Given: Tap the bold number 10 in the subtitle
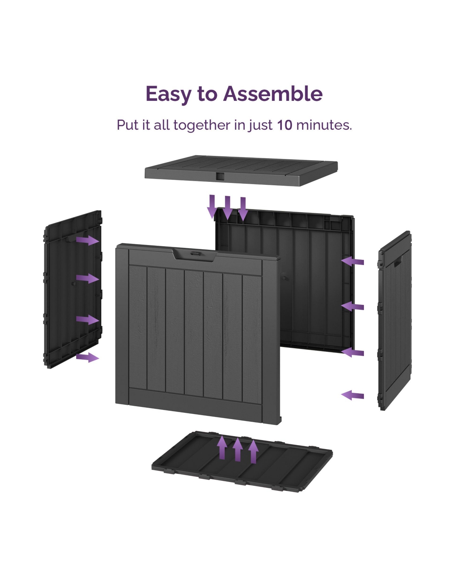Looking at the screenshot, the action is pyautogui.click(x=285, y=125).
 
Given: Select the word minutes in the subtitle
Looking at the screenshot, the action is pyautogui.click(x=324, y=125).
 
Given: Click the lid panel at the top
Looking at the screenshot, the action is pyautogui.click(x=241, y=170).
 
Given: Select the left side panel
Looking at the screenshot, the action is pyautogui.click(x=73, y=289).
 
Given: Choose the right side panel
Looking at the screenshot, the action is pyautogui.click(x=394, y=321).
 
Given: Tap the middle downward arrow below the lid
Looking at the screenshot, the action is pyautogui.click(x=227, y=208).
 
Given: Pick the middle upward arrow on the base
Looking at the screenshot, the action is pyautogui.click(x=238, y=449).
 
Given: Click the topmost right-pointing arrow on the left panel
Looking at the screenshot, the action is pyautogui.click(x=88, y=240).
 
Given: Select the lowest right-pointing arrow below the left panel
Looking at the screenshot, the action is pyautogui.click(x=88, y=358).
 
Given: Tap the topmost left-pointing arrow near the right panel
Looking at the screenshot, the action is pyautogui.click(x=353, y=261).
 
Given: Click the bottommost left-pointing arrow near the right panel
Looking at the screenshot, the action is pyautogui.click(x=353, y=395).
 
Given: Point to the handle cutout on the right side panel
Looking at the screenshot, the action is pyautogui.click(x=397, y=262).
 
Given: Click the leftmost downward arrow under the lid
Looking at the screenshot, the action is pyautogui.click(x=212, y=206).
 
